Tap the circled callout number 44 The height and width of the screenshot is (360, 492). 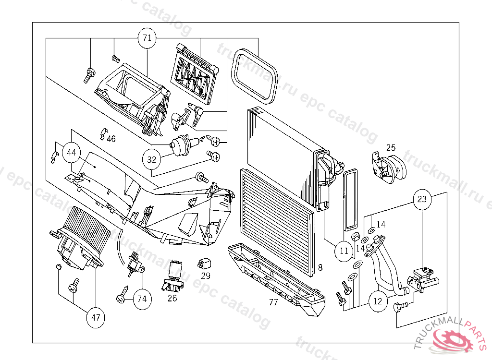[72, 153]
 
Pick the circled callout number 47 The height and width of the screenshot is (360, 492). [96, 317]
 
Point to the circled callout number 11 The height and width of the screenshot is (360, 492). [344, 251]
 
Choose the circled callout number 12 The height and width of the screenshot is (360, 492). [378, 301]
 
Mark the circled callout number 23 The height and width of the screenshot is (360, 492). [421, 199]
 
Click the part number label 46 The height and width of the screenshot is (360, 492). [111, 139]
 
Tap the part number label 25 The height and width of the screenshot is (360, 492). [391, 147]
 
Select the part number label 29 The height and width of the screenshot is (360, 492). [206, 276]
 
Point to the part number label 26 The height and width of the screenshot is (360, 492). [172, 299]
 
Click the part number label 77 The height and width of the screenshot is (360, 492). [273, 302]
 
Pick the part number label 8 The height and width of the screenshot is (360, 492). [320, 267]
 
